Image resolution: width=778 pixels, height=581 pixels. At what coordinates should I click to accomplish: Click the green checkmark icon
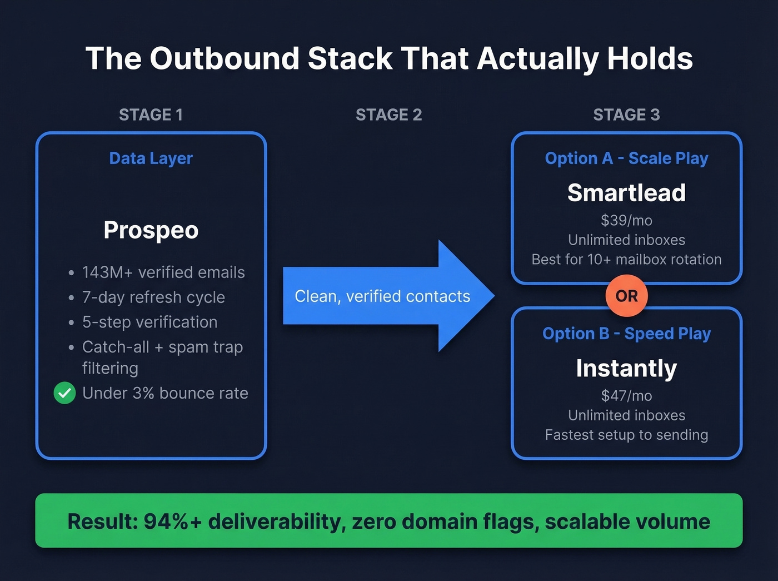tap(64, 393)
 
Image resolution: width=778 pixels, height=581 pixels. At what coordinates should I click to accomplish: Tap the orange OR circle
tap(626, 296)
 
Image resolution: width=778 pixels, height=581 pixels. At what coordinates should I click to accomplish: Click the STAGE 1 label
tap(151, 115)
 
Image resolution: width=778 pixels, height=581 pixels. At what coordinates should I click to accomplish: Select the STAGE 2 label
tap(388, 115)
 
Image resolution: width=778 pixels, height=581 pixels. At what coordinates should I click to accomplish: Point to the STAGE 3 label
tap(626, 115)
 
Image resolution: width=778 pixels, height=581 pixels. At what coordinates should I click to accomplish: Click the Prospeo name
tap(151, 230)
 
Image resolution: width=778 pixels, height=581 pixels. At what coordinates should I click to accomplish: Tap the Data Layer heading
tap(151, 158)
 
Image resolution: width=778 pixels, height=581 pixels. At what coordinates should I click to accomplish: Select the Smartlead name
tap(626, 193)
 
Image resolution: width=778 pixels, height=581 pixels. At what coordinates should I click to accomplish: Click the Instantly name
tap(626, 368)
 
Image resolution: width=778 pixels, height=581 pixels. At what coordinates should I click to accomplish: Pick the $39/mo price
tap(626, 221)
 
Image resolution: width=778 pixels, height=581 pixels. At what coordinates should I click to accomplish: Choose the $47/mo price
tap(626, 396)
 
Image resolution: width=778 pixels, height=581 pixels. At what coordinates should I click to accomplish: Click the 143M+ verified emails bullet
tap(163, 272)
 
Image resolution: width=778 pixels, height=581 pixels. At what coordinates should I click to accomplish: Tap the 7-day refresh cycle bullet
tap(153, 297)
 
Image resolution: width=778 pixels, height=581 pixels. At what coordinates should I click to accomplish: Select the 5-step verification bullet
tap(149, 322)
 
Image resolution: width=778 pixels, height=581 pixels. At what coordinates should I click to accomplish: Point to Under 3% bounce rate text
tap(165, 393)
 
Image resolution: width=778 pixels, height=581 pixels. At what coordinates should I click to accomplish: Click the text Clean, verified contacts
tap(382, 296)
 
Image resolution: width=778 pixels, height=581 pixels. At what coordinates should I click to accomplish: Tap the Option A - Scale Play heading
tap(626, 158)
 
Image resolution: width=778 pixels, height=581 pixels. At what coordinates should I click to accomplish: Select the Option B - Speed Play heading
tap(626, 334)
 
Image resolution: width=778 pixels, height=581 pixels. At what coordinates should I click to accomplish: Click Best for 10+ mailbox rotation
tap(626, 260)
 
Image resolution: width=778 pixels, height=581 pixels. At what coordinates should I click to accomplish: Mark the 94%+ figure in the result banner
tap(173, 522)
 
